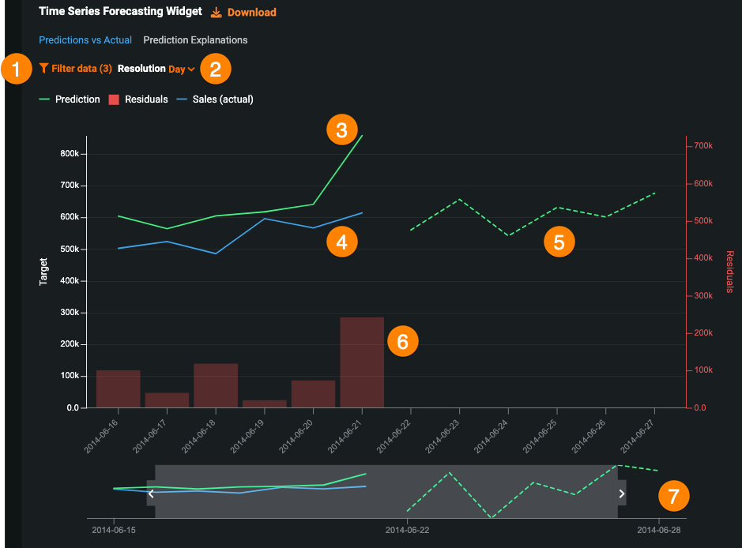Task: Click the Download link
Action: (244, 13)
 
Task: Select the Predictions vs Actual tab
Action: (85, 39)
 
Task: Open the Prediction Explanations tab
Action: (195, 39)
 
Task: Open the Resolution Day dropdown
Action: (181, 69)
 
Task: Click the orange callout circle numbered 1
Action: (16, 69)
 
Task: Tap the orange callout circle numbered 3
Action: (341, 130)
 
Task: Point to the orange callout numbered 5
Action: (559, 242)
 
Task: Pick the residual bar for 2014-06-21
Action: (362, 362)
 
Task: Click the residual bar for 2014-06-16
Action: (119, 388)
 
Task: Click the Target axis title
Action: (44, 271)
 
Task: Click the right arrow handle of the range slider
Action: (622, 494)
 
